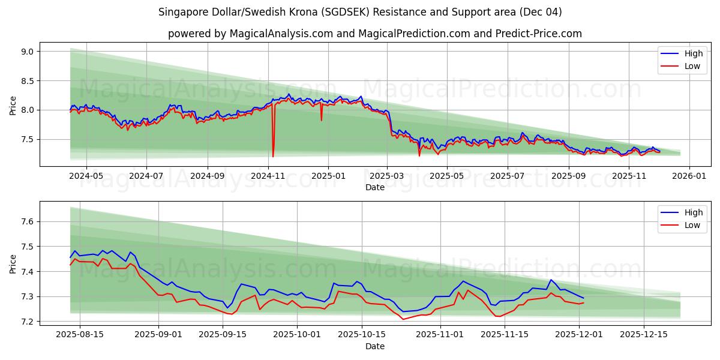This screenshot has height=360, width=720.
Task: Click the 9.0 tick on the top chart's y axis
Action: click(28, 52)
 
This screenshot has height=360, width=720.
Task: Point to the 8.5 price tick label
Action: click(28, 81)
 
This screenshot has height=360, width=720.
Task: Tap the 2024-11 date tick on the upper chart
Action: click(268, 176)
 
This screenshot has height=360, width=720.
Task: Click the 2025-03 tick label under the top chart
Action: click(387, 176)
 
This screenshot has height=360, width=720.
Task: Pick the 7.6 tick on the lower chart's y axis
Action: click(28, 222)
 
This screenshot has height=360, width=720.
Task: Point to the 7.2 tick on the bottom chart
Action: click(28, 322)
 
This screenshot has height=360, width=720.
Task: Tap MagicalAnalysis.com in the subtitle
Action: click(281, 34)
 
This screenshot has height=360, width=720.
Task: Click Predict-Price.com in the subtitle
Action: click(538, 34)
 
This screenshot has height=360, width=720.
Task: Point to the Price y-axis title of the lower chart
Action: click(13, 263)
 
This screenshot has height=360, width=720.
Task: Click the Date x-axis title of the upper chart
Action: click(375, 187)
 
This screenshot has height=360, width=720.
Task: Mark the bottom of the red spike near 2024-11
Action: click(273, 157)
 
